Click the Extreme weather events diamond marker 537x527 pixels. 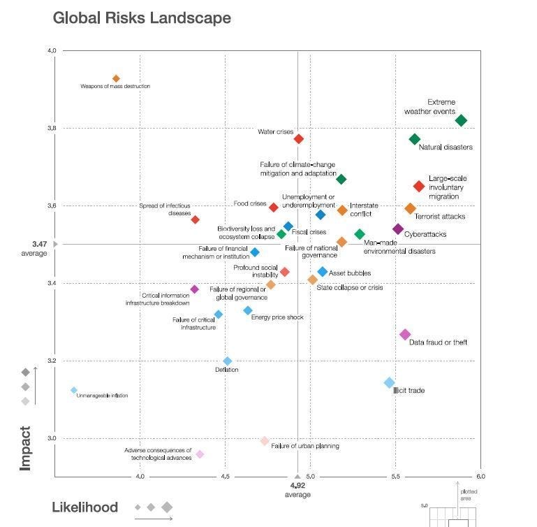pyautogui.click(x=461, y=121)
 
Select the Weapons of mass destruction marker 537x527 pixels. pyautogui.click(x=116, y=79)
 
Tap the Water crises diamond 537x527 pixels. pyautogui.click(x=298, y=139)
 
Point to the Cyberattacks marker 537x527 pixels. pyautogui.click(x=398, y=229)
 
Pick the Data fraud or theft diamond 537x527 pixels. pyautogui.click(x=405, y=335)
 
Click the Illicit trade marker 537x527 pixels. pyautogui.click(x=389, y=382)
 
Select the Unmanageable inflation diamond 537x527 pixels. pyautogui.click(x=74, y=391)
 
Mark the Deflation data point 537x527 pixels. pyautogui.click(x=227, y=361)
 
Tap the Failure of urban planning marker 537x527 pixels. pyautogui.click(x=264, y=441)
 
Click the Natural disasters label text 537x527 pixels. pyautogui.click(x=446, y=147)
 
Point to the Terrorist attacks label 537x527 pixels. pyautogui.click(x=440, y=217)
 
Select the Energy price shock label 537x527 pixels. pyautogui.click(x=277, y=317)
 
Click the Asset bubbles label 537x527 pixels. pyautogui.click(x=349, y=273)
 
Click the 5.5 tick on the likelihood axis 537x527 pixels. pyautogui.click(x=395, y=477)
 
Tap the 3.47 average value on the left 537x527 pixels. pyautogui.click(x=39, y=244)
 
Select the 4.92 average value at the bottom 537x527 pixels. pyautogui.click(x=297, y=485)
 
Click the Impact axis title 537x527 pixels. pyautogui.click(x=25, y=448)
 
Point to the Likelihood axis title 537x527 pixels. pyautogui.click(x=85, y=507)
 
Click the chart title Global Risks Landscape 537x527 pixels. pyautogui.click(x=142, y=17)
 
